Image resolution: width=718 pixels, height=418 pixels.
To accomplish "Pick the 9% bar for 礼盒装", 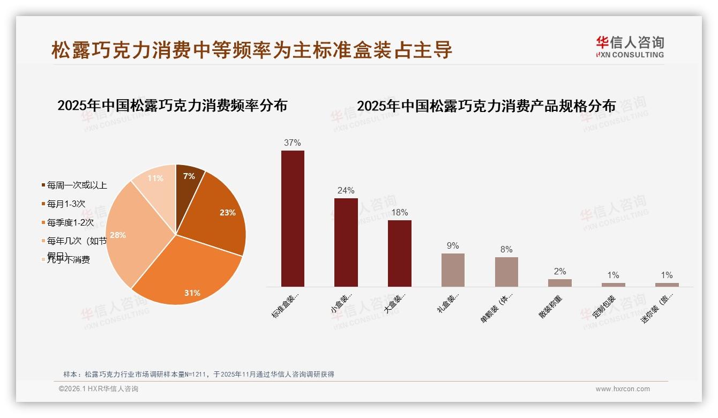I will [453, 270].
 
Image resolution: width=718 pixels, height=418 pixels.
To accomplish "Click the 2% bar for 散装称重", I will [559, 283].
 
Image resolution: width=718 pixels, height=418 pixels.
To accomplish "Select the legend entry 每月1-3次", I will [66, 204].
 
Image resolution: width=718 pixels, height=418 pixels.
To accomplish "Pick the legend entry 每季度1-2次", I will [70, 222].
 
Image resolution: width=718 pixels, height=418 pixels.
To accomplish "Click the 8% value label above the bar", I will [506, 250].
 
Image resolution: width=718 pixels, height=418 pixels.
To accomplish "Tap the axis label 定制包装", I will [604, 307].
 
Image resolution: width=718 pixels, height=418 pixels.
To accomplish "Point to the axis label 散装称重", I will [551, 307].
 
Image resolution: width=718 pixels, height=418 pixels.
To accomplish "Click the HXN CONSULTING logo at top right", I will [630, 47].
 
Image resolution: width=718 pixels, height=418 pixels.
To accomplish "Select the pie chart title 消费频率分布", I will [172, 106].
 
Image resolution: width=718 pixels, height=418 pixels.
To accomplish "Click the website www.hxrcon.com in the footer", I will [623, 389].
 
